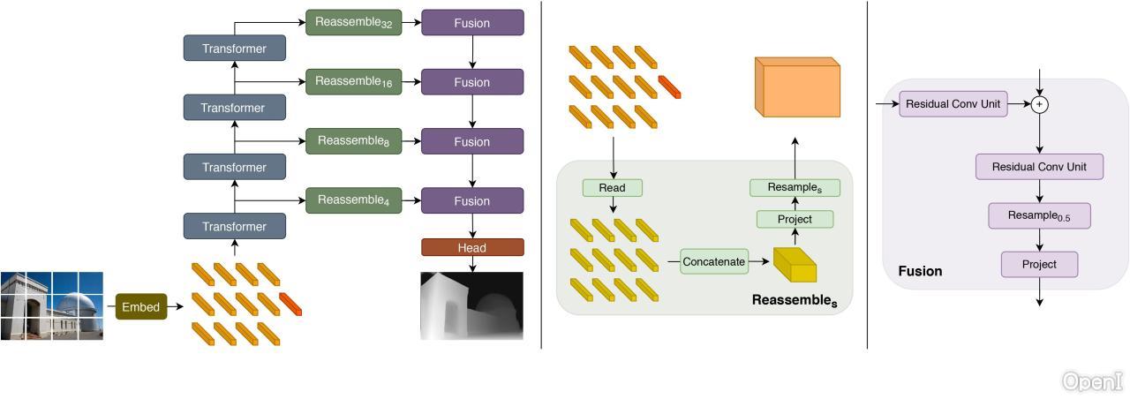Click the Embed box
pos(140,307)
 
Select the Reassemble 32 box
pos(353,23)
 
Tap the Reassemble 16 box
pos(353,82)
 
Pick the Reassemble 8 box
pos(353,141)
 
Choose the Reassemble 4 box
pos(353,200)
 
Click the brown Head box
pos(472,248)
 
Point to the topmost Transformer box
pos(235,49)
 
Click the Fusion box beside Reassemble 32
pos(472,23)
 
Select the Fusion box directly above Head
pos(472,200)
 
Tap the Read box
pos(612,188)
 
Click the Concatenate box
pos(714,261)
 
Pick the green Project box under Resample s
pos(795,219)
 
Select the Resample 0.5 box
pos(1039,216)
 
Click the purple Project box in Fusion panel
pos(1039,264)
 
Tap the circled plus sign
pos(1040,104)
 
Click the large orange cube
pos(797,88)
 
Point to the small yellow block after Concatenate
pos(795,264)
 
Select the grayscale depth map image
pos(471,305)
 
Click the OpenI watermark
pos(1092,381)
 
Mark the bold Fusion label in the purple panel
pos(920,272)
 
